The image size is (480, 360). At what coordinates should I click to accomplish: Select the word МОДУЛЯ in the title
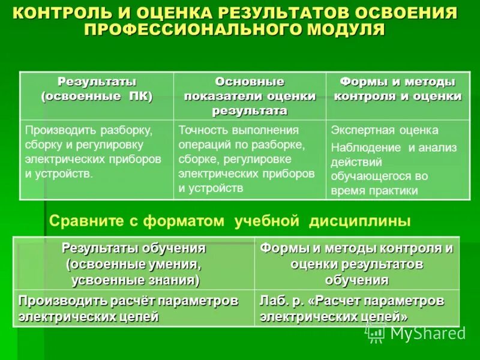click(x=345, y=29)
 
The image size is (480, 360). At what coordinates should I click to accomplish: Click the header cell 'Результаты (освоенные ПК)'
click(x=97, y=89)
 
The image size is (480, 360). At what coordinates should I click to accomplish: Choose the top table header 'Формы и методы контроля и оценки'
click(x=397, y=89)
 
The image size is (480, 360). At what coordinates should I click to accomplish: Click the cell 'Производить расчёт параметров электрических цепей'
click(x=128, y=308)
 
